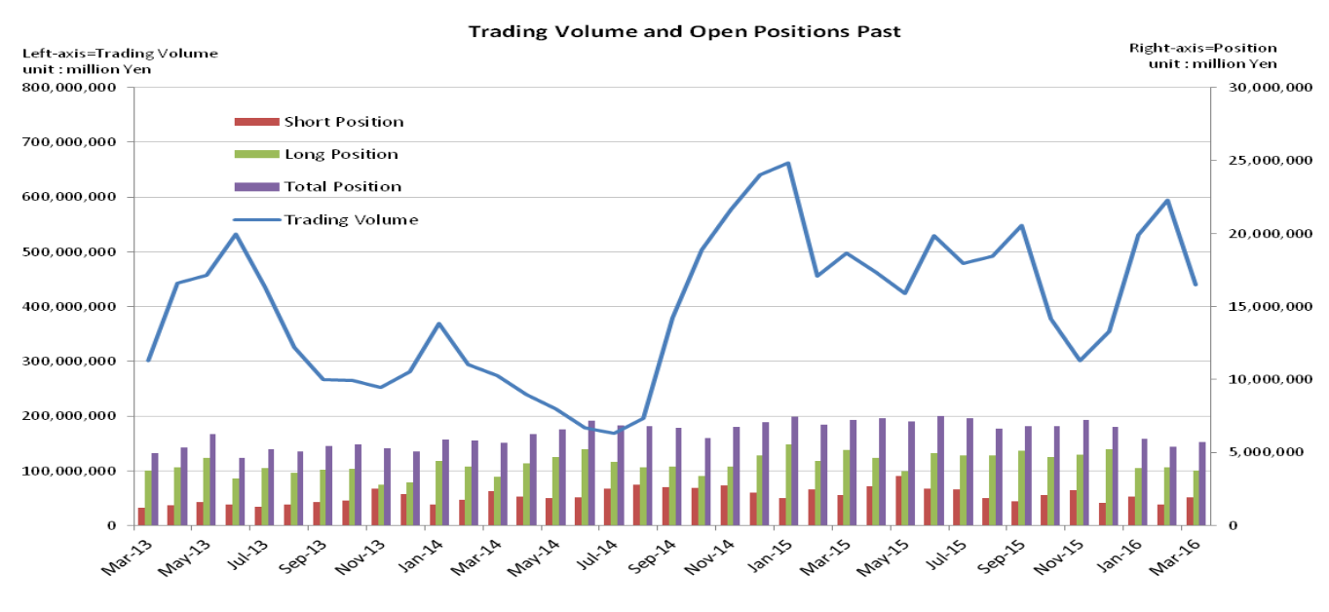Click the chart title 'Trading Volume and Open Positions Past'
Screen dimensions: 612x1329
pos(684,31)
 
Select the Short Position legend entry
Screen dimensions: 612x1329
pos(343,122)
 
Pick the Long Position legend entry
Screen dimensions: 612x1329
pos(340,154)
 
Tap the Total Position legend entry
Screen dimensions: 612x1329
pos(342,186)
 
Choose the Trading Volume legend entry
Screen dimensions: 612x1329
pos(351,219)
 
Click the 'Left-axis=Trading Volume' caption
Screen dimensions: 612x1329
pos(120,54)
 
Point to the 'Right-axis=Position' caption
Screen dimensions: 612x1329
pos(1202,48)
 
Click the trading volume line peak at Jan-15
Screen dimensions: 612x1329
pos(787,163)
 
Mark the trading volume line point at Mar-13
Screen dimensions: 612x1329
pos(148,361)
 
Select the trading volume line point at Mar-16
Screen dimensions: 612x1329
pos(1196,285)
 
